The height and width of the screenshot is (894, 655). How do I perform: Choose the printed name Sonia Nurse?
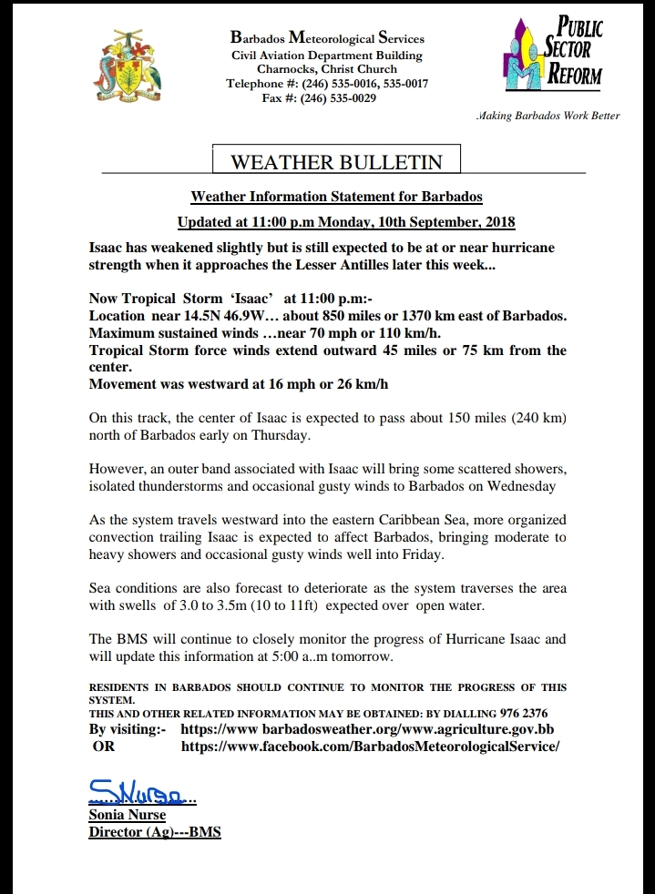pyautogui.click(x=128, y=815)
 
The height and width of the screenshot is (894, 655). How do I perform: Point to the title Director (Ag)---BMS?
pyautogui.click(x=155, y=832)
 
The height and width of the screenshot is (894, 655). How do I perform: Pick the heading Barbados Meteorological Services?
pyautogui.click(x=327, y=39)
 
